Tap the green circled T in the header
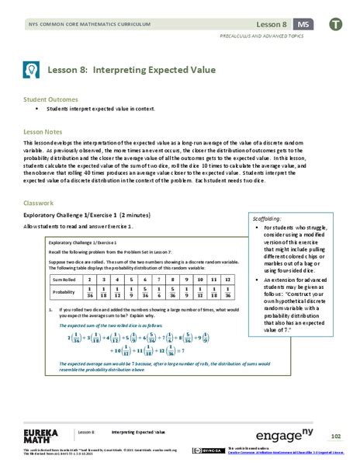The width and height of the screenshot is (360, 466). [335, 25]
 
